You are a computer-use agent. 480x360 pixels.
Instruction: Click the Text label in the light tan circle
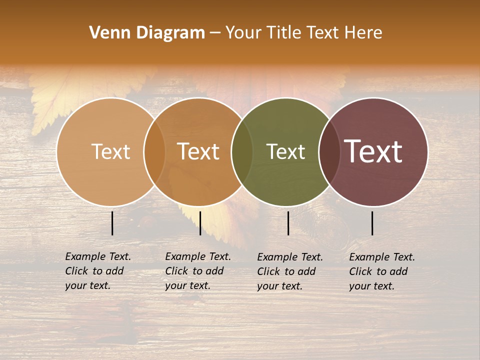point(110,151)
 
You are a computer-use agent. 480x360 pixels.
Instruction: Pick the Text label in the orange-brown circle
point(198,151)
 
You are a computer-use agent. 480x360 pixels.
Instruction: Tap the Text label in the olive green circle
point(285,151)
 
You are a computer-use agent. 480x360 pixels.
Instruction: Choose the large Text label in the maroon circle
point(373,151)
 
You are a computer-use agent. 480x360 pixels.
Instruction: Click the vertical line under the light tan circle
point(112,223)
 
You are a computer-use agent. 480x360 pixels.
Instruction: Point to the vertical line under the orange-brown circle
point(200,223)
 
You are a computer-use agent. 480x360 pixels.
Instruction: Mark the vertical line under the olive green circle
point(288,223)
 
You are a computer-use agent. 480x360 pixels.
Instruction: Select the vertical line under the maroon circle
point(372,223)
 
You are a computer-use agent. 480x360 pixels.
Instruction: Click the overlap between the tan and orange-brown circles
point(154,151)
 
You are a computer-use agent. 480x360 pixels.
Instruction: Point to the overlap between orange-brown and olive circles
point(241,151)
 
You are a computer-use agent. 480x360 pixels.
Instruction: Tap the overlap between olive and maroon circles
point(329,151)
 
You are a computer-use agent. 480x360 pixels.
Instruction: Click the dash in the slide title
point(215,33)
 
